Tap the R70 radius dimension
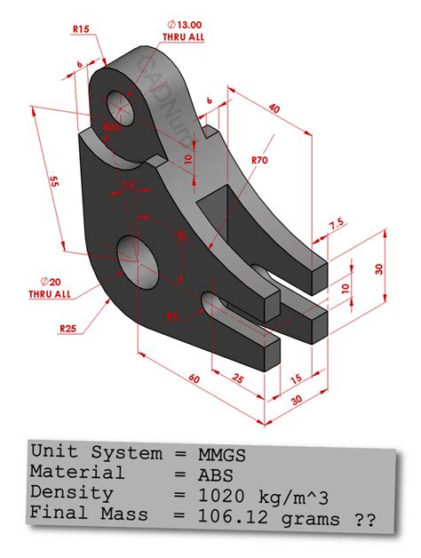[259, 160]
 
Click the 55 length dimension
[54, 181]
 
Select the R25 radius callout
[68, 329]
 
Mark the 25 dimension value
[238, 379]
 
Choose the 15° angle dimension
[131, 186]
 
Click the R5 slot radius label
[171, 315]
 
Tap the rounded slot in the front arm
[214, 306]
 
